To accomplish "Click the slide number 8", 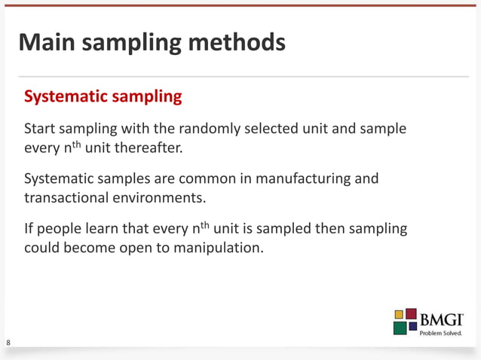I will click(x=8, y=343).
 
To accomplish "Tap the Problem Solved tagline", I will click(x=440, y=333).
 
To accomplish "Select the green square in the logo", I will click(x=400, y=328).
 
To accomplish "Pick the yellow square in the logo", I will click(x=399, y=314).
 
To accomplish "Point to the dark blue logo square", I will click(x=412, y=327).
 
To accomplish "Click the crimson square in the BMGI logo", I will click(x=412, y=313).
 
